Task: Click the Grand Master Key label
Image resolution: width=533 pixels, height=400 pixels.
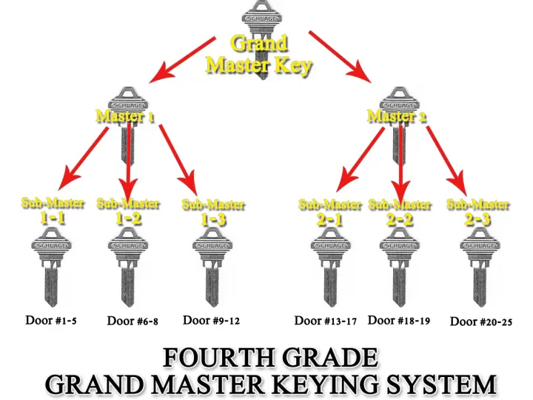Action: click(x=259, y=54)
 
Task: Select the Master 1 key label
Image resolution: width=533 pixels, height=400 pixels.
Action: click(x=125, y=116)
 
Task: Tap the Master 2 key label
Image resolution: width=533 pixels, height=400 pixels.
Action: click(x=398, y=116)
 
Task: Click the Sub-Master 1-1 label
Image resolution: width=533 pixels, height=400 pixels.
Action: click(x=53, y=210)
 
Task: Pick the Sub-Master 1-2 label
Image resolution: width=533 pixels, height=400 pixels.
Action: click(x=128, y=210)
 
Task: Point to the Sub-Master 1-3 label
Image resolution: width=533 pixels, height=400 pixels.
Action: click(x=213, y=211)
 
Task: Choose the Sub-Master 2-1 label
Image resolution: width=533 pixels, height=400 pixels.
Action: click(x=329, y=211)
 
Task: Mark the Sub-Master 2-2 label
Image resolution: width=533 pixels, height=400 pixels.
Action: click(x=400, y=211)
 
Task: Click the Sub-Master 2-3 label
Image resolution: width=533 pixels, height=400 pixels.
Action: click(x=478, y=211)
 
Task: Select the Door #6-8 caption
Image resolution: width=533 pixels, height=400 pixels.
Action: click(x=133, y=321)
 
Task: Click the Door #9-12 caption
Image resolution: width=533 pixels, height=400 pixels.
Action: click(x=212, y=320)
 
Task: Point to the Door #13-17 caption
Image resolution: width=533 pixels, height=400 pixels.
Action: click(x=326, y=320)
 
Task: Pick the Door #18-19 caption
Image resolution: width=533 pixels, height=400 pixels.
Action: click(x=399, y=320)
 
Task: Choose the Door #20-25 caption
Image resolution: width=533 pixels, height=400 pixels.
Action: click(x=481, y=321)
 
